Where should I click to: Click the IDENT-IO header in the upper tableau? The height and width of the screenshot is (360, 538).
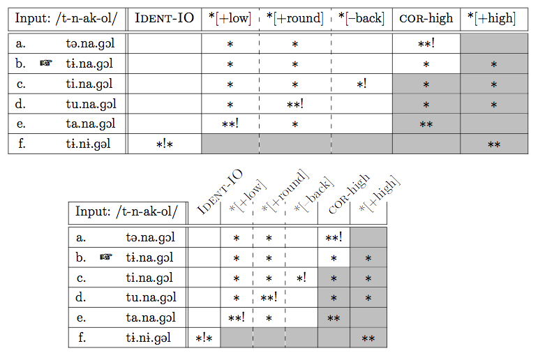pos(165,18)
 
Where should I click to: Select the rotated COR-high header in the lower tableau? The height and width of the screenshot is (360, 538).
pos(349,193)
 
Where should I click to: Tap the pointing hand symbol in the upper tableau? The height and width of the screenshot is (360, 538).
pos(46,63)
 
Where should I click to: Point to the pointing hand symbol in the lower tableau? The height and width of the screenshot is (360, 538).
pos(106,257)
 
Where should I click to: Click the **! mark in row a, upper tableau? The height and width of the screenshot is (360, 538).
pos(426,43)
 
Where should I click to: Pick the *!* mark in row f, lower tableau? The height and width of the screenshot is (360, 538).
pos(204,338)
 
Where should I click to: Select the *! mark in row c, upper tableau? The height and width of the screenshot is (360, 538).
pos(361,84)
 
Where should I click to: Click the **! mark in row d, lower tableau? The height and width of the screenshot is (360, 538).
pos(269,297)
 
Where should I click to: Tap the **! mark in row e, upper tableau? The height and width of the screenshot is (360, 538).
pos(230,123)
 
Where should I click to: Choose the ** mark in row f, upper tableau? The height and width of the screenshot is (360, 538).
pos(494,144)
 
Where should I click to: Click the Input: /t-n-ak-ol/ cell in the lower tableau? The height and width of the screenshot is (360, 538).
pos(126,211)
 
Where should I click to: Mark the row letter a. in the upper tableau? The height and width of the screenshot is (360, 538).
pos(21,43)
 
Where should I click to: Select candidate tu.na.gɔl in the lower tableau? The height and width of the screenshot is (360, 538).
pos(151,297)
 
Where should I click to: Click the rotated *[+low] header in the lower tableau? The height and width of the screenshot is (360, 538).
pos(248,195)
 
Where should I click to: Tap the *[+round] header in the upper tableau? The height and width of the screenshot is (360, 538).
pos(295,18)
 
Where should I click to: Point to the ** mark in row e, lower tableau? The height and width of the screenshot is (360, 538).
pos(334,318)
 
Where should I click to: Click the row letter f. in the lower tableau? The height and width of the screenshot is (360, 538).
pos(82,338)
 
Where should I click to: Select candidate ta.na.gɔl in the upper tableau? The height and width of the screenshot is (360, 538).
pos(91,124)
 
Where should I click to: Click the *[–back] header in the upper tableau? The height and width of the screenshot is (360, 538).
pos(361,18)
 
